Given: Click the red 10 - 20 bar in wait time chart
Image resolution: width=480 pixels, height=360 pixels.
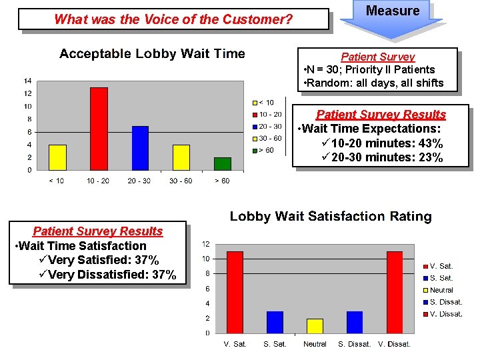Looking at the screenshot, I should point(99,129).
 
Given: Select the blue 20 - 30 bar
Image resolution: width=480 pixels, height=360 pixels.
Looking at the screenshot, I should point(140,148).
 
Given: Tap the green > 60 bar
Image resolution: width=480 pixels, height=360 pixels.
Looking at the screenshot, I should point(223,164).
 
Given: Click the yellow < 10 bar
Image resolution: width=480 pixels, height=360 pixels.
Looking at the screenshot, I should point(58,157).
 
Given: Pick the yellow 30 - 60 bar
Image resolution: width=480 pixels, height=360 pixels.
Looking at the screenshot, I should point(181,157).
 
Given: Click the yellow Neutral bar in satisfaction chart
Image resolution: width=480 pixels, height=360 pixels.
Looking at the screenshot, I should point(315,326).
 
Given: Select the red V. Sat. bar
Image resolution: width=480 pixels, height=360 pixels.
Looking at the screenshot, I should point(235,292).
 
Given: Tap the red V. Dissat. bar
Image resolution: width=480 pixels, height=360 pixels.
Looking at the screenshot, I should point(395,292).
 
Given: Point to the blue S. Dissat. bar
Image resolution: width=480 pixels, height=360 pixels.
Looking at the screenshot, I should point(355,322).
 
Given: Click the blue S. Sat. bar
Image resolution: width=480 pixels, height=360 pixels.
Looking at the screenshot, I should point(275,322).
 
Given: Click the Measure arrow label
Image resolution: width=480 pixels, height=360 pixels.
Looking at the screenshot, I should point(393,11).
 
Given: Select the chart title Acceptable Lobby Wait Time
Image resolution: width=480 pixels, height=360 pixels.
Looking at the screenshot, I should point(152,54).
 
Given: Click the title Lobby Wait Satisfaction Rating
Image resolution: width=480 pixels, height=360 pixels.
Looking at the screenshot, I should point(331,216).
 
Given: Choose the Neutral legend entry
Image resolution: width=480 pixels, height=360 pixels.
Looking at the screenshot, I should point(441,290).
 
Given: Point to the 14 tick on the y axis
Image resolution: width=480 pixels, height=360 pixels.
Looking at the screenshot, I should point(27,81).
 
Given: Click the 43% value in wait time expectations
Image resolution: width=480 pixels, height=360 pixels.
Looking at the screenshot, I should point(431,143).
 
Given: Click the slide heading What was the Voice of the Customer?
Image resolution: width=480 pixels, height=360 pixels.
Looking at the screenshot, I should point(173,19).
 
